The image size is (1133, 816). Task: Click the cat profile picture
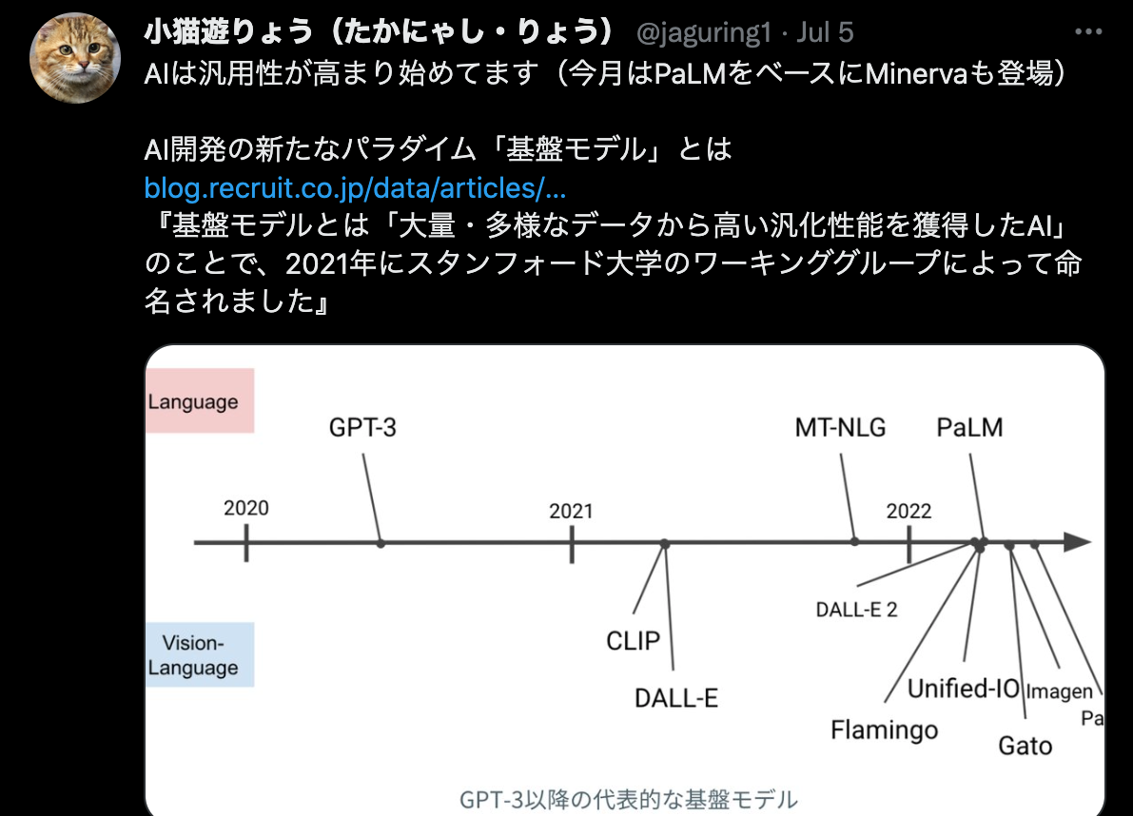(75, 58)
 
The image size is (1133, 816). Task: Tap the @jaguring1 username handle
(704, 32)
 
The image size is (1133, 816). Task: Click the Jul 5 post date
(825, 32)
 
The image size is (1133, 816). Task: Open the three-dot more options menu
(1088, 31)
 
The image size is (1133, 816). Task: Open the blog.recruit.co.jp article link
(355, 188)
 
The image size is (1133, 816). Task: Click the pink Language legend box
(200, 400)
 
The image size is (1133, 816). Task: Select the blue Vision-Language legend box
(200, 654)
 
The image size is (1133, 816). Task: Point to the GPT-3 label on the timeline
(362, 428)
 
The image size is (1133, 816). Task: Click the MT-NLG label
(840, 428)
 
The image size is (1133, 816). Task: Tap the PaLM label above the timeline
(969, 428)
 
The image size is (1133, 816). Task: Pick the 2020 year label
(246, 509)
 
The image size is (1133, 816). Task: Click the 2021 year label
(571, 512)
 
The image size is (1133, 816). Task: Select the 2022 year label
(909, 512)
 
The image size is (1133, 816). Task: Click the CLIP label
(633, 640)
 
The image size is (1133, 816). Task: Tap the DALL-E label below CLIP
(676, 698)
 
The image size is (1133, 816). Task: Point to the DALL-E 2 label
(856, 611)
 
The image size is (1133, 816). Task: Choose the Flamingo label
(885, 730)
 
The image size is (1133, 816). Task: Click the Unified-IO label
(964, 689)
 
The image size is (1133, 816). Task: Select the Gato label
(1026, 746)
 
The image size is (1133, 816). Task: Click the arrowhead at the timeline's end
(1078, 542)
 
